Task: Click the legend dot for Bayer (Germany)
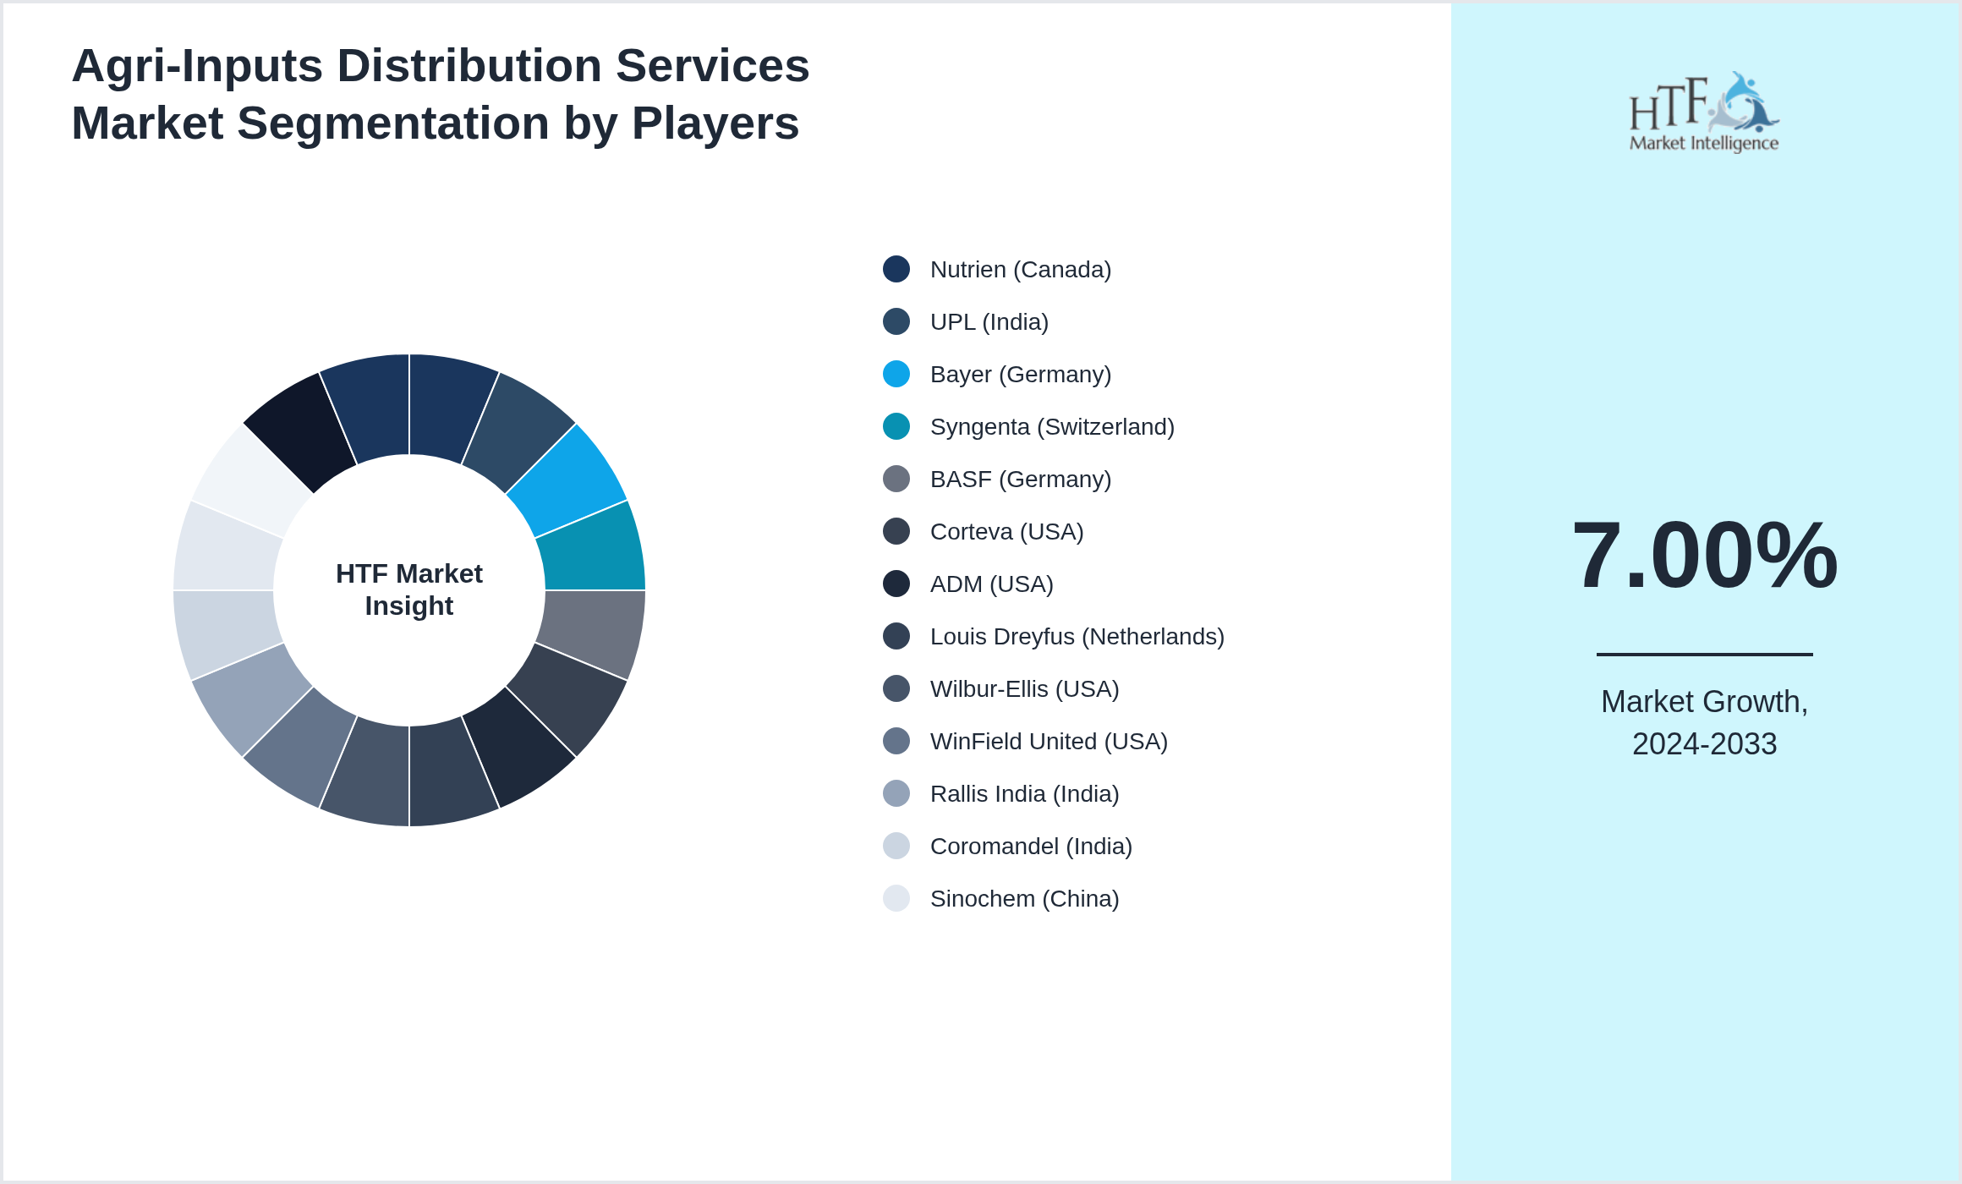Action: point(896,374)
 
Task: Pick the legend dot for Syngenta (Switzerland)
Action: point(896,426)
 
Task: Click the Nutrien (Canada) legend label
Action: point(1020,270)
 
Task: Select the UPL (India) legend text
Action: point(989,322)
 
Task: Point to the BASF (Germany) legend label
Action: point(1020,480)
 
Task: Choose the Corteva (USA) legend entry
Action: point(1006,532)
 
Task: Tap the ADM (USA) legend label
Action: point(991,584)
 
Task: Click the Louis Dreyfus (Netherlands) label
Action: point(1077,637)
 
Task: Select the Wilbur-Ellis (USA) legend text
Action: point(1024,689)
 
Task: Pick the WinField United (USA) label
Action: point(1049,742)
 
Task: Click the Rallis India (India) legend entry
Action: point(1024,794)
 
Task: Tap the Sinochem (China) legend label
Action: point(1024,899)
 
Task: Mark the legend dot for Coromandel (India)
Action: point(896,846)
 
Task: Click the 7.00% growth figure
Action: point(1704,556)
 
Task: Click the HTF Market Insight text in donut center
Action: point(409,589)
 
